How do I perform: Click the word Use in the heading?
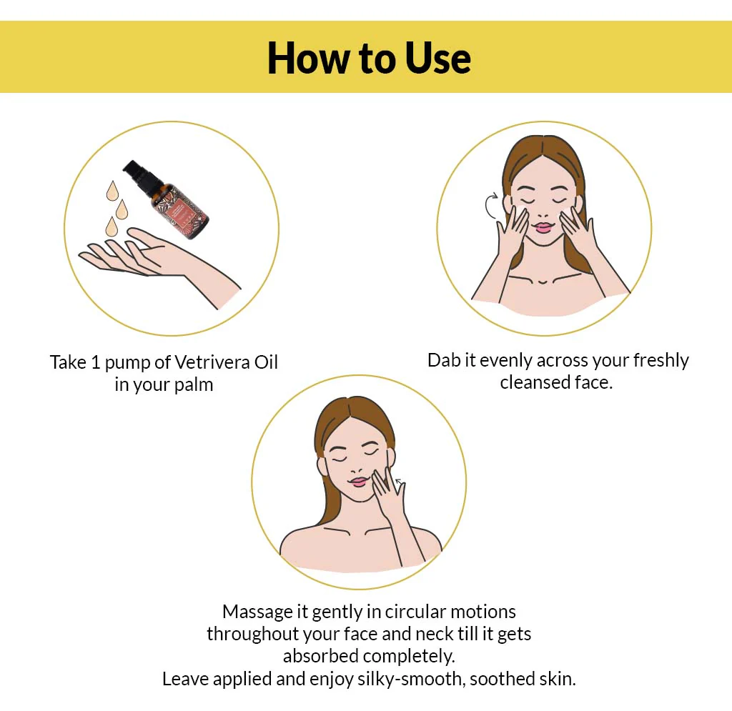[437, 58]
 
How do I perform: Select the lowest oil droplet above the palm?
[111, 227]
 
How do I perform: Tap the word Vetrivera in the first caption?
[213, 362]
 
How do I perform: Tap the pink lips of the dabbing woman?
[543, 228]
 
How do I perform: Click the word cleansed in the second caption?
[535, 382]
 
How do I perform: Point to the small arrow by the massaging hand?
[400, 482]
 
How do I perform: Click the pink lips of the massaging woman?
[359, 482]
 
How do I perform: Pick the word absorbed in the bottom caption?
[321, 657]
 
